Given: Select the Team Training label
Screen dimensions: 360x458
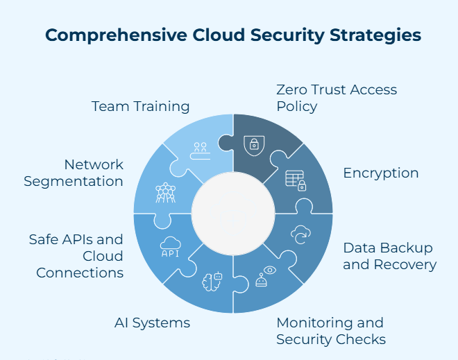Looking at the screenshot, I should coord(141,106).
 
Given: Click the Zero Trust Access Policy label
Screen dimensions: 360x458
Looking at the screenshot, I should coord(337,98).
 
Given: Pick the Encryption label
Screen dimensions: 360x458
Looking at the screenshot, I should coord(381,173).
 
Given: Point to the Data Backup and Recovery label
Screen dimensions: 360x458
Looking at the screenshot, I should coord(389,256).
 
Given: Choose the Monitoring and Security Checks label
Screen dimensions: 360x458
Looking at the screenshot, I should coord(331,331).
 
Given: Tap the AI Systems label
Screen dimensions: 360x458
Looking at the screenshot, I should coord(152,323).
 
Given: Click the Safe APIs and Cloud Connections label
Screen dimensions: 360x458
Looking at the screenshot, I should coord(76,256).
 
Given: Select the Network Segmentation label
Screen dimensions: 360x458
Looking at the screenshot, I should coord(74,173).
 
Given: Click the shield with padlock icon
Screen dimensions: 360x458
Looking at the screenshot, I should coord(255,144).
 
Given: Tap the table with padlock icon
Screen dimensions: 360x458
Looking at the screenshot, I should coord(296,180).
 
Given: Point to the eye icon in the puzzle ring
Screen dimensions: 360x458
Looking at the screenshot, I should coord(269,269).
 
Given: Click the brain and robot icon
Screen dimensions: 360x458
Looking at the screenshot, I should coord(211,280).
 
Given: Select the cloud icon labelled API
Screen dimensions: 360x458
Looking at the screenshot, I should coord(171,247).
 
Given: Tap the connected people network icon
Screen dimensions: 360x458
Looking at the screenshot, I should coord(164,192).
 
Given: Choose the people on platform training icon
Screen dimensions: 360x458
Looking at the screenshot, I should coord(201,150).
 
